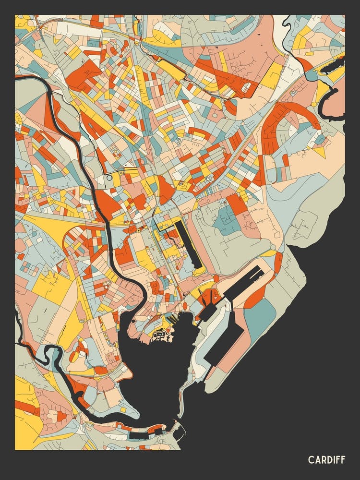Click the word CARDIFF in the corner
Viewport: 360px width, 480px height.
point(326,460)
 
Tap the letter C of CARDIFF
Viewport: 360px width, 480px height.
point(311,460)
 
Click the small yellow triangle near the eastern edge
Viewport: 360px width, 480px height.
point(319,152)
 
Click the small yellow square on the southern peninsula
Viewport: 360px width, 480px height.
point(123,410)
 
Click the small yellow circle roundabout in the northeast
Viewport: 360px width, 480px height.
point(313,104)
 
